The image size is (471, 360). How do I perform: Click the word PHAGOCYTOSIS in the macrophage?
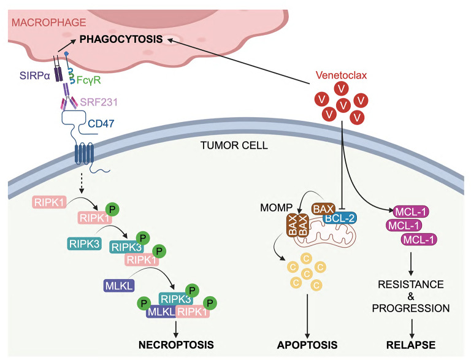(121, 39)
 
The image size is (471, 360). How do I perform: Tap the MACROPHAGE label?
(48, 23)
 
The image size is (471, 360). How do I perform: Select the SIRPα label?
(34, 75)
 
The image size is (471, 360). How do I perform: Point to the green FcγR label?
(88, 80)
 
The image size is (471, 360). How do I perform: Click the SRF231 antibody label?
(99, 102)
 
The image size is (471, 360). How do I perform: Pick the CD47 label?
(101, 123)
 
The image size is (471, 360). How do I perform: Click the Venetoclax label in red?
(341, 75)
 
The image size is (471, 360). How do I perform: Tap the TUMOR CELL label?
(234, 145)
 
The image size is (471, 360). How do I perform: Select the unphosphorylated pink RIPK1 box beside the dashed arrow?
(49, 202)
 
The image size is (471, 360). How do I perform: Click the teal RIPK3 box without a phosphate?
(84, 243)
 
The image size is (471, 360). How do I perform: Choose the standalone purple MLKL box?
(119, 285)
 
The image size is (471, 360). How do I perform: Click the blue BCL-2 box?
(340, 218)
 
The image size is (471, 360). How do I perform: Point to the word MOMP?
(276, 208)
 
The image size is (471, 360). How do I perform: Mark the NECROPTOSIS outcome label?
(177, 345)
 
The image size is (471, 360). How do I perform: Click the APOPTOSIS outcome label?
(307, 345)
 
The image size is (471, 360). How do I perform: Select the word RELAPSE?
(411, 345)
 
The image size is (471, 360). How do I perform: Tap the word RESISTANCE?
(411, 285)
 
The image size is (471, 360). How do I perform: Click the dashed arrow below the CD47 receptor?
(82, 183)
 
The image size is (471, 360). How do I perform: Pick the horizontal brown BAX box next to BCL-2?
(324, 209)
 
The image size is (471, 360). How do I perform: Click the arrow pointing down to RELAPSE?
(412, 329)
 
